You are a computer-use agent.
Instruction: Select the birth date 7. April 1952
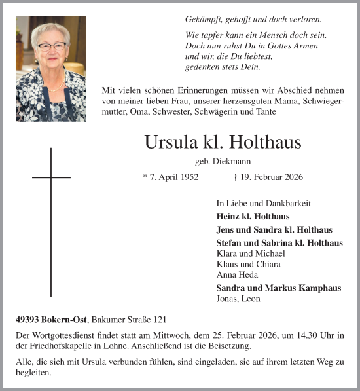pyautogui.click(x=170, y=177)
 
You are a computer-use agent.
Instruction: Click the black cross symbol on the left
pyautogui.click(x=51, y=223)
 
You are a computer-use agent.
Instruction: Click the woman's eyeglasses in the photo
pyautogui.click(x=52, y=47)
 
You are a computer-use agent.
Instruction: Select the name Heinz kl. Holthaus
pyautogui.click(x=253, y=216)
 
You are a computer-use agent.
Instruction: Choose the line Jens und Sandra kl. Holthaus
pyautogui.click(x=274, y=230)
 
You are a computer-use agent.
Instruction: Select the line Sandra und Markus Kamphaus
pyautogui.click(x=278, y=288)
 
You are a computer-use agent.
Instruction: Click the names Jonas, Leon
pyautogui.click(x=238, y=299)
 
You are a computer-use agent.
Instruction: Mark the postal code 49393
pyautogui.click(x=28, y=320)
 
